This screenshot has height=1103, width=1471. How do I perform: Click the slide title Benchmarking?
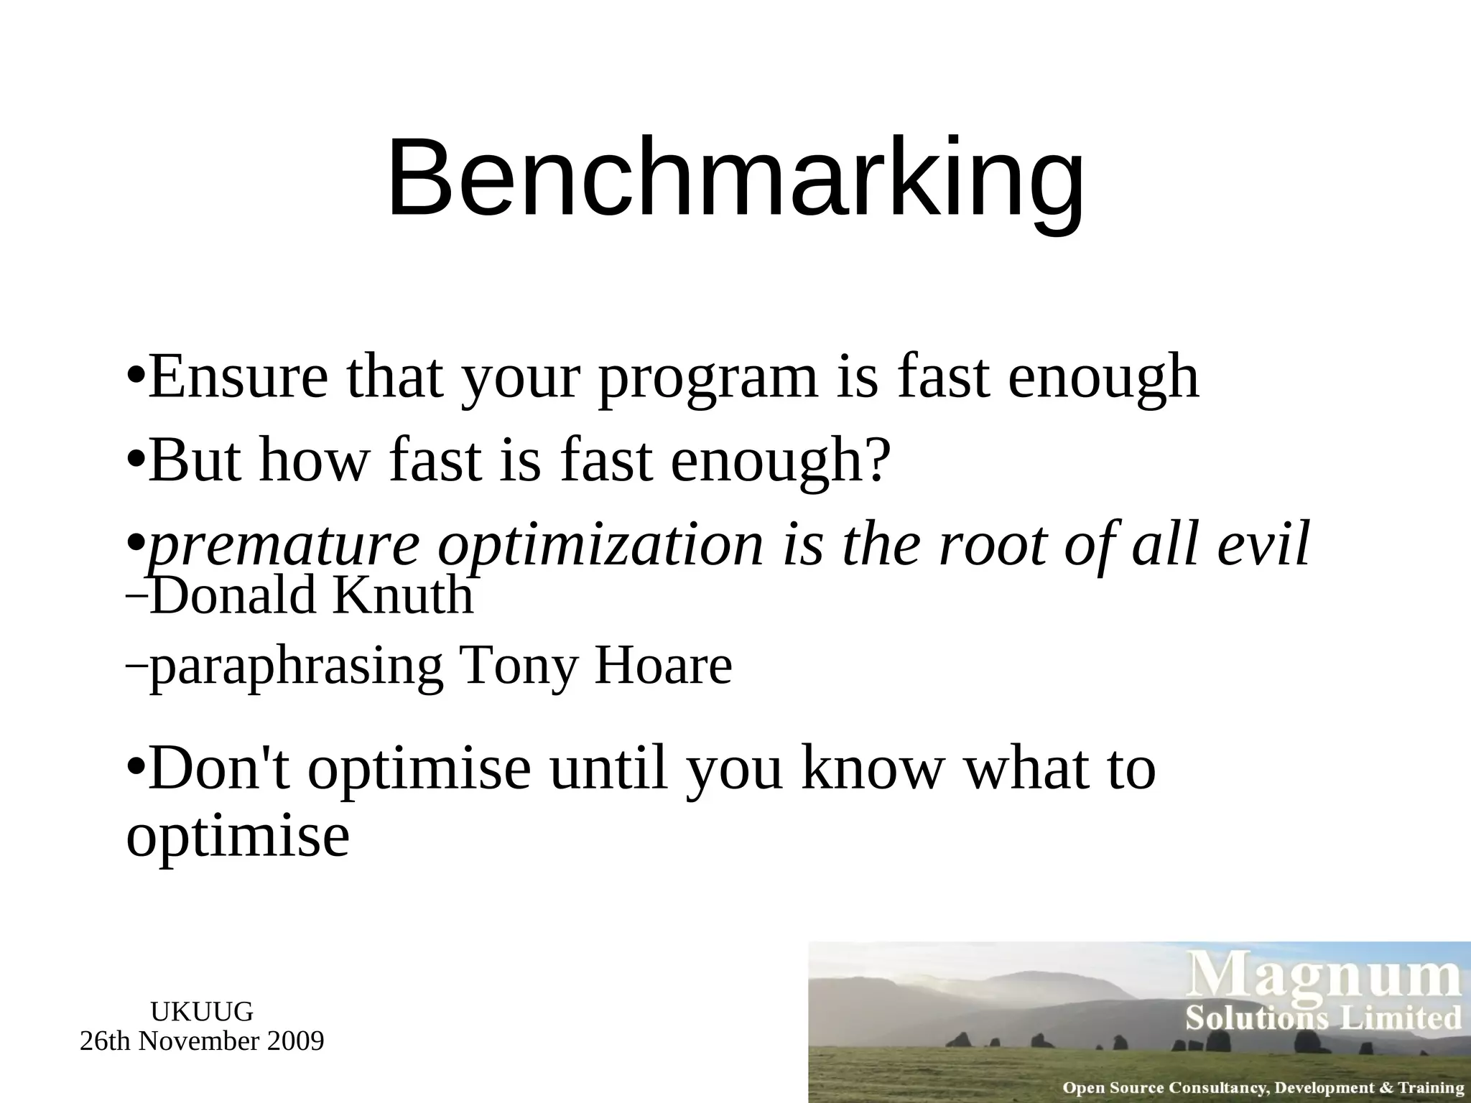(x=735, y=178)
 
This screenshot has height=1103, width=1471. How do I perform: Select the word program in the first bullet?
(x=707, y=379)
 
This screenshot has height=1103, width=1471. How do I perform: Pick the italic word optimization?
(x=600, y=546)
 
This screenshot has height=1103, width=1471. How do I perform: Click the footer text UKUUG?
(x=202, y=1012)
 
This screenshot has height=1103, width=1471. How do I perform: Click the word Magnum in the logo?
(x=1326, y=978)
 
